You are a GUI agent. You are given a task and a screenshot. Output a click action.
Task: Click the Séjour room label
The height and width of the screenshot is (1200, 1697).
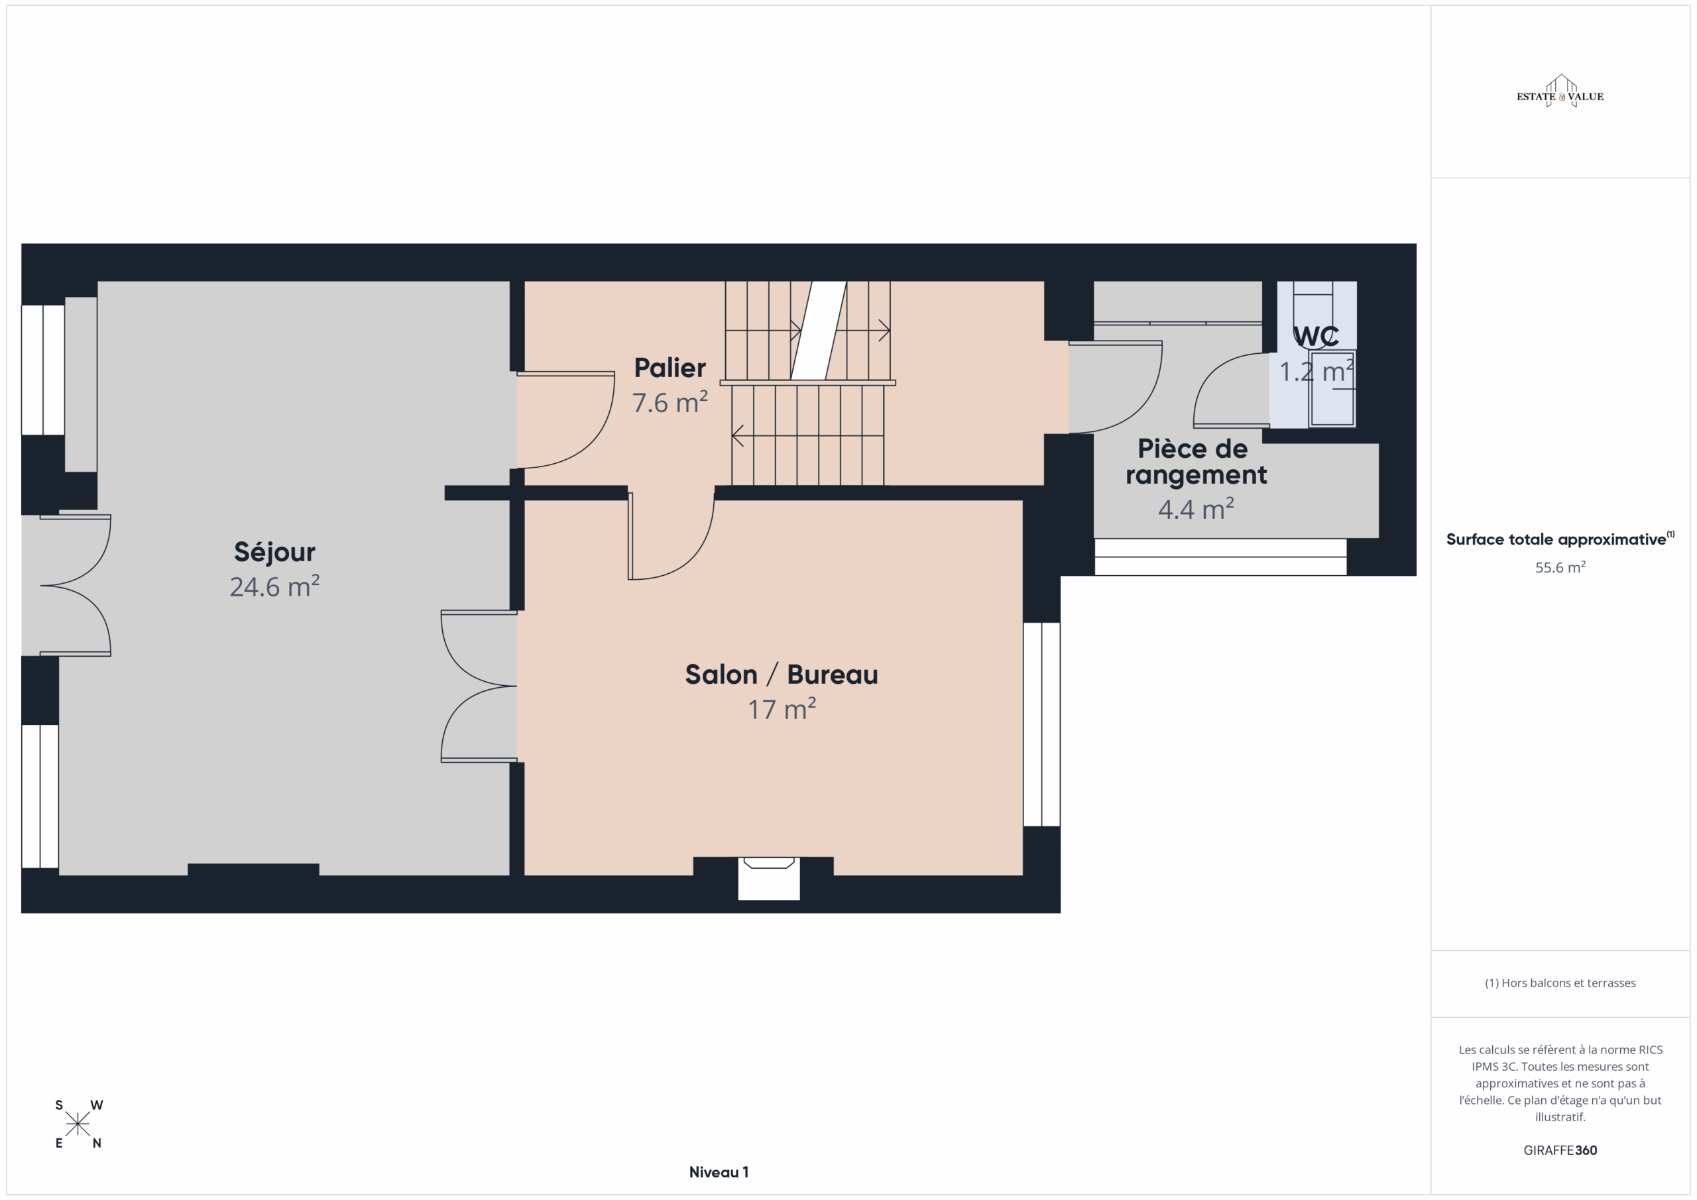click(x=274, y=552)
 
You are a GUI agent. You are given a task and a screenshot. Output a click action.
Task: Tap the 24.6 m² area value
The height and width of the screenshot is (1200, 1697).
click(x=274, y=586)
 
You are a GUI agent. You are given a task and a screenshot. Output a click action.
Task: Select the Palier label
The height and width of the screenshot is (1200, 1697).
click(x=670, y=367)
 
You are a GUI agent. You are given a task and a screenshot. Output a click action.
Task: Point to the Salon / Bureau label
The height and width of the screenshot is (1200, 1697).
click(x=782, y=675)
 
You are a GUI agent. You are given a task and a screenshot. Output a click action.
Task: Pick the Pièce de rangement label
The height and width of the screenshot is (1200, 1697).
click(x=1196, y=462)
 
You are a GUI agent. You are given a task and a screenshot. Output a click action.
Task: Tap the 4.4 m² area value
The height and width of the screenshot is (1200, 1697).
click(x=1196, y=509)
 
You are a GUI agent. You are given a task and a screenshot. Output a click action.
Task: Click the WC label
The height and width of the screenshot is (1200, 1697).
click(x=1317, y=336)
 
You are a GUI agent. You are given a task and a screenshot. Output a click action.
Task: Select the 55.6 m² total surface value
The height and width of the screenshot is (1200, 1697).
click(x=1560, y=567)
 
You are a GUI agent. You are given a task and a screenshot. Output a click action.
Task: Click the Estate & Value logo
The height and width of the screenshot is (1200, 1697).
click(x=1560, y=91)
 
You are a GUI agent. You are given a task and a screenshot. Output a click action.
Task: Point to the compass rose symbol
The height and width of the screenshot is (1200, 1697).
click(x=78, y=1124)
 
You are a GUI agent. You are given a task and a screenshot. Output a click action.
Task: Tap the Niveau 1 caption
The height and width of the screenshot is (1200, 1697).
click(x=719, y=1172)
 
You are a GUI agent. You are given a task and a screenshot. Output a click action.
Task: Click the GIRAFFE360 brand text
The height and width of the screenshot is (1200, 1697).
click(x=1560, y=1150)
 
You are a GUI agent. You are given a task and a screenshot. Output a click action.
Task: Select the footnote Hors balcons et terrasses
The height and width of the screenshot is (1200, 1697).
click(x=1560, y=983)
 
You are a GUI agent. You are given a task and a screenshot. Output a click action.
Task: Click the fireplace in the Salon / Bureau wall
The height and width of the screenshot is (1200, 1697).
click(x=769, y=878)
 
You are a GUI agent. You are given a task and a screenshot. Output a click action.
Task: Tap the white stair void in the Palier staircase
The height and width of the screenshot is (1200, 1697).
click(x=819, y=330)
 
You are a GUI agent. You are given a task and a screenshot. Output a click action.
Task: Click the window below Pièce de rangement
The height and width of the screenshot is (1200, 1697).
click(x=1220, y=557)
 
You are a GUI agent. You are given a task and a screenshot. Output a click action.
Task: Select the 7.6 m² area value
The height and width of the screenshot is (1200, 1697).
click(x=670, y=403)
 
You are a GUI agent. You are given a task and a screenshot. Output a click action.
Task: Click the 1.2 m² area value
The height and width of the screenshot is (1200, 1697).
click(x=1317, y=372)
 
